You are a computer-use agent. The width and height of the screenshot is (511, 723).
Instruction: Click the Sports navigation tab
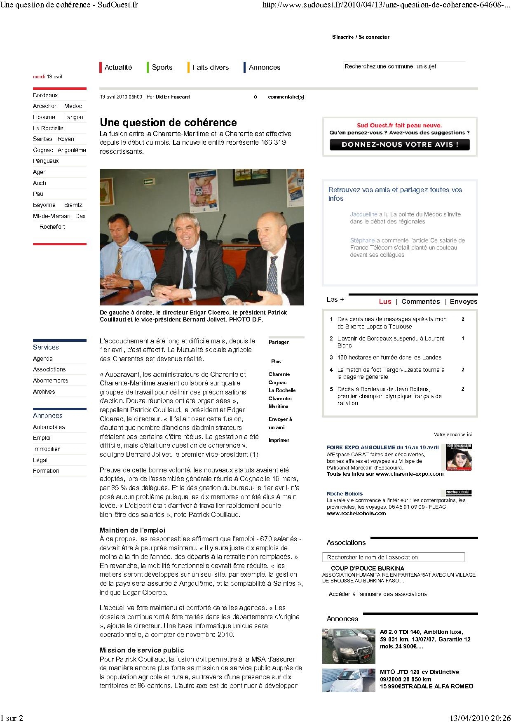(x=162, y=67)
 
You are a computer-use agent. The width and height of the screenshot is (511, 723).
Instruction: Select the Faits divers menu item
(x=210, y=67)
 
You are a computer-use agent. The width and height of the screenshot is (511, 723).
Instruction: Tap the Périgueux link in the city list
(x=46, y=161)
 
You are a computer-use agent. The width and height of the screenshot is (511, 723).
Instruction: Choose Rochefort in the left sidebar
(x=52, y=227)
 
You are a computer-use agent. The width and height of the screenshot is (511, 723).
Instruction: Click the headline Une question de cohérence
(x=168, y=122)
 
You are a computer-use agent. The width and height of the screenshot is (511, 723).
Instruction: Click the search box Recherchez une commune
(x=404, y=66)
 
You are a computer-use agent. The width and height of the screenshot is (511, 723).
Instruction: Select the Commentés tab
(x=420, y=301)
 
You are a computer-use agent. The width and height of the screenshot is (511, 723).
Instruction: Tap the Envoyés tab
(x=463, y=301)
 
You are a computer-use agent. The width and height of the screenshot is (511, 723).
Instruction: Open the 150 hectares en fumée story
(x=389, y=357)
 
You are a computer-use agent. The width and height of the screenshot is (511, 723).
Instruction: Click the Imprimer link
(x=279, y=440)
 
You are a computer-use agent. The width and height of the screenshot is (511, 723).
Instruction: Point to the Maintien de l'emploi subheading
(x=132, y=530)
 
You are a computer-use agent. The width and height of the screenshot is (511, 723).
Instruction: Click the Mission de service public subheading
(x=142, y=650)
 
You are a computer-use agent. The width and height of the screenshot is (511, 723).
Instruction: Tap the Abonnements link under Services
(x=50, y=380)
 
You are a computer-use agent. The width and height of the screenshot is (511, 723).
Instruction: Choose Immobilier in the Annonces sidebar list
(x=46, y=449)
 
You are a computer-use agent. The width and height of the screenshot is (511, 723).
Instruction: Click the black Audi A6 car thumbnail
(x=349, y=646)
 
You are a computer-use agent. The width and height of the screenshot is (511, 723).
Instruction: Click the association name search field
(x=393, y=557)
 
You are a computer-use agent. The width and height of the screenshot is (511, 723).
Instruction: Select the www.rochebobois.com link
(x=356, y=514)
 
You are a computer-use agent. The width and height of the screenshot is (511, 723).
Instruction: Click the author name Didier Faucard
(x=173, y=97)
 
